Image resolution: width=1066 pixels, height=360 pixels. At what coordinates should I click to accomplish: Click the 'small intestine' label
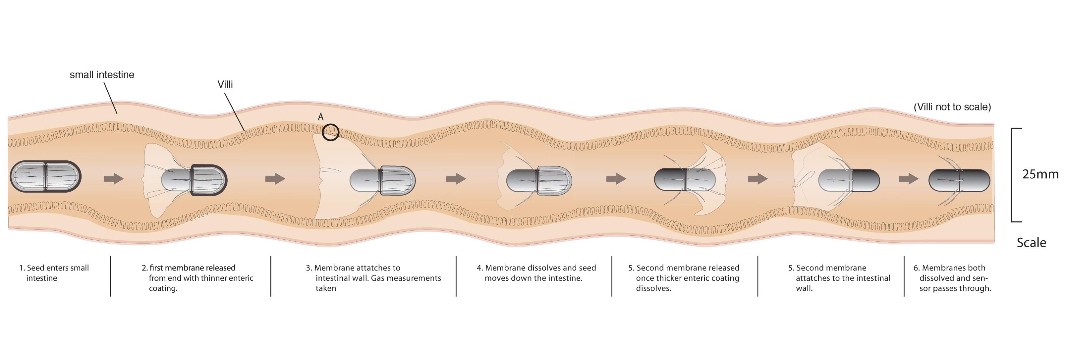click(x=102, y=75)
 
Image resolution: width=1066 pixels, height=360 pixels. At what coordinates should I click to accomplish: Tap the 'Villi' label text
click(x=225, y=85)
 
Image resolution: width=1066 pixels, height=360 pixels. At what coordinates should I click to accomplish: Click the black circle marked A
click(x=331, y=132)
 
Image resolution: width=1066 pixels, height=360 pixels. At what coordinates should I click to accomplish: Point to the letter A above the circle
click(x=320, y=117)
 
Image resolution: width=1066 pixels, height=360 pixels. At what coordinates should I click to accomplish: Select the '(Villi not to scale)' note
click(x=952, y=107)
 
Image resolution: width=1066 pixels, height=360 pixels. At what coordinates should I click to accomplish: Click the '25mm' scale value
click(x=1040, y=174)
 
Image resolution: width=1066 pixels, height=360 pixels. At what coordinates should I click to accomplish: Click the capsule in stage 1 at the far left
click(x=45, y=176)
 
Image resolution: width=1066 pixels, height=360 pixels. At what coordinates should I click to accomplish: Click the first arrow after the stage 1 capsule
click(x=113, y=179)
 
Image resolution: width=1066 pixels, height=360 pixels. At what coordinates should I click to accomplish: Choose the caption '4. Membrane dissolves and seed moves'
click(x=536, y=273)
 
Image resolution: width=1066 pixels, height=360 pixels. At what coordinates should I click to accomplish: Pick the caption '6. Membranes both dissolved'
click(x=952, y=278)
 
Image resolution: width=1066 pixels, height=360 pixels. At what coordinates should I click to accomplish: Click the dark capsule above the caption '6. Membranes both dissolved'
click(x=959, y=180)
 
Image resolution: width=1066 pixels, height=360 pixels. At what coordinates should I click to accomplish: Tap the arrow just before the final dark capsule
click(x=908, y=179)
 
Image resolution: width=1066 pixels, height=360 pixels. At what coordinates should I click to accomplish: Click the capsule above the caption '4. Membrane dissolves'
click(x=539, y=181)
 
